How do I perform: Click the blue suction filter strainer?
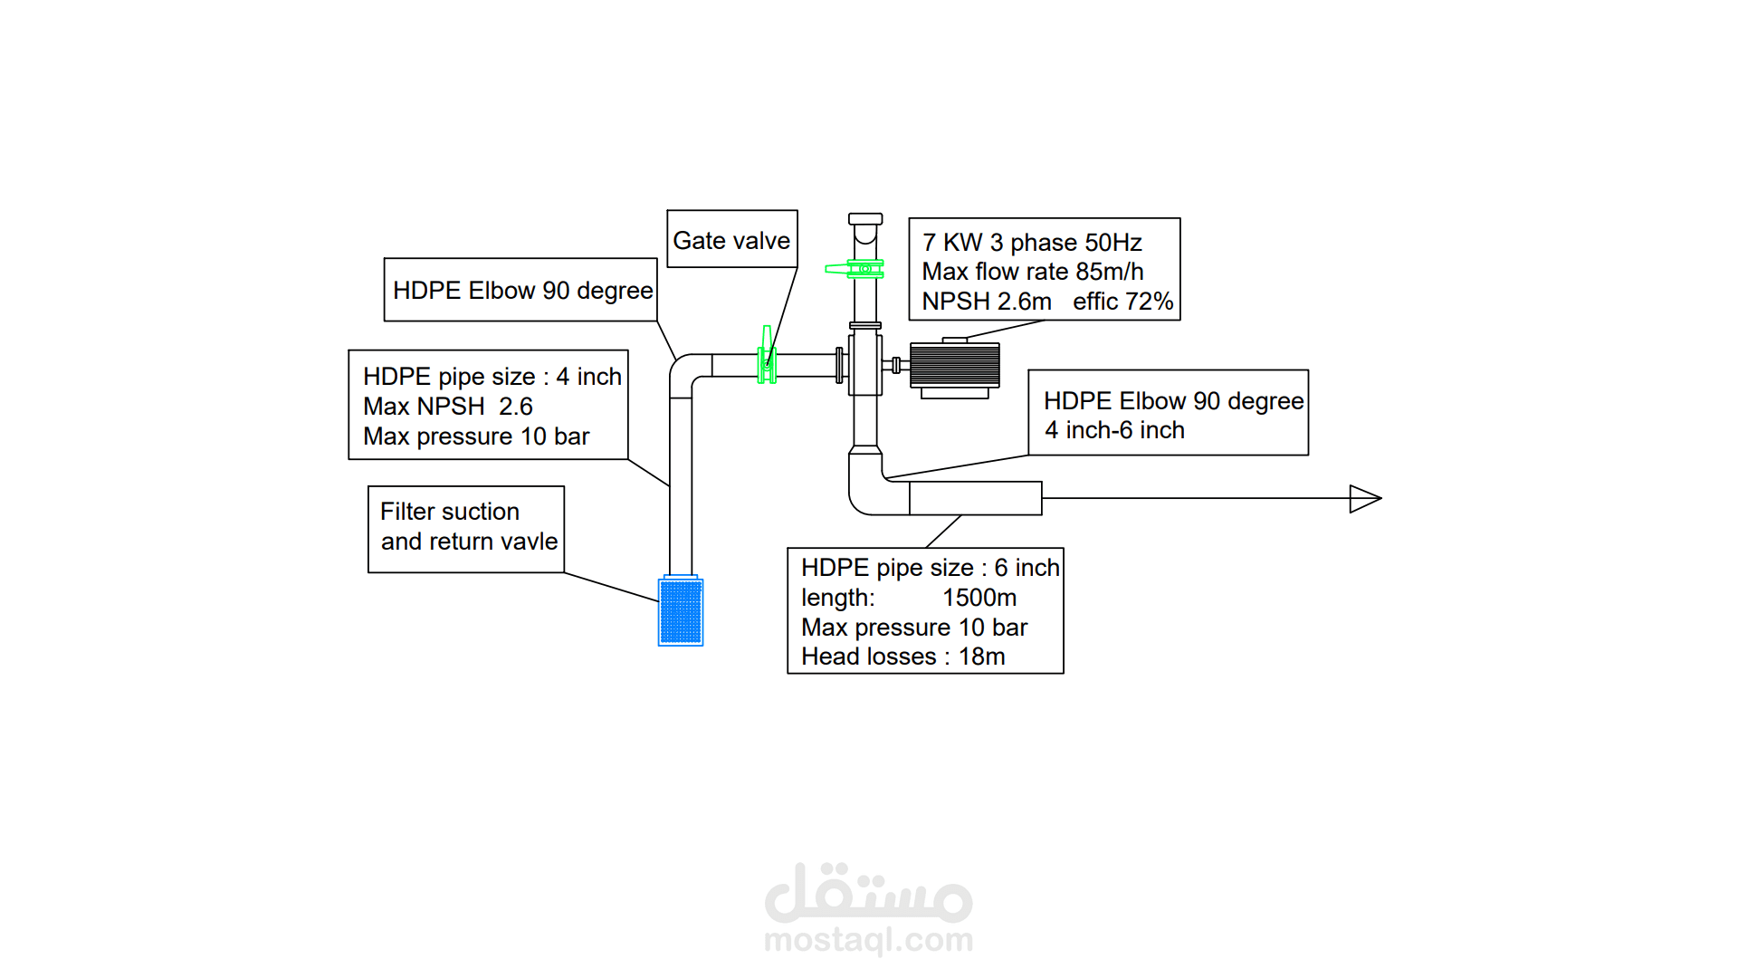[681, 611]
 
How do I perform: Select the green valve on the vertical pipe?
[855, 269]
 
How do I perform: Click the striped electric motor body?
[955, 366]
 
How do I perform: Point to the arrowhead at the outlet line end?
[1365, 499]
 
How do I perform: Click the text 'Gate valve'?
[731, 241]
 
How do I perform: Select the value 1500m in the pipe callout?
[979, 598]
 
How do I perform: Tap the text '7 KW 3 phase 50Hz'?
[1032, 243]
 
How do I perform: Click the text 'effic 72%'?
[1122, 302]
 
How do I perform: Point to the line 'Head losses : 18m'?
[903, 657]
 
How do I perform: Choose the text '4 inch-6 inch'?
[1114, 430]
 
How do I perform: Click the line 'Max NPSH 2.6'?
[448, 407]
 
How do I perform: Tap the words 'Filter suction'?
[450, 512]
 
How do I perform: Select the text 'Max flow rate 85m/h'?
[1033, 272]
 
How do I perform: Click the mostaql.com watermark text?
[869, 940]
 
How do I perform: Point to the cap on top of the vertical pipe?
[865, 219]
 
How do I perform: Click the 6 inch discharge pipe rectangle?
[976, 499]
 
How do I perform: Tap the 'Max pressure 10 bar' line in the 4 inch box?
[476, 436]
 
